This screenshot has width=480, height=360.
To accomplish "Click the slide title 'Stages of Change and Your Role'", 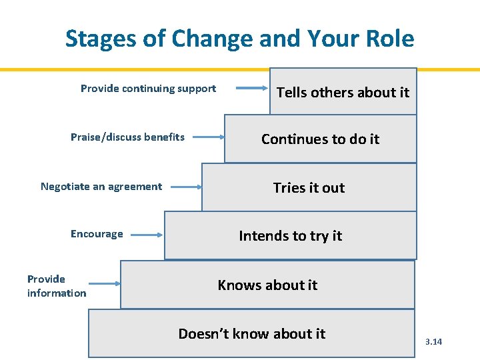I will (239, 39).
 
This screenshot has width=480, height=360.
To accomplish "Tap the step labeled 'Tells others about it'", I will (343, 93).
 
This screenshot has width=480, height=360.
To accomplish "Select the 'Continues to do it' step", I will (320, 139).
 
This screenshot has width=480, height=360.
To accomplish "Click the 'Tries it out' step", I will (309, 188).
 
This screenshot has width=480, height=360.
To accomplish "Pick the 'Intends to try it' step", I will (290, 236).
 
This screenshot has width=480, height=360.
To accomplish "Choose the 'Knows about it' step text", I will (267, 285).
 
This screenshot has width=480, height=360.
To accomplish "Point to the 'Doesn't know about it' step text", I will (251, 334).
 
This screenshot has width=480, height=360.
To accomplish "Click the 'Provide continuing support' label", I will (148, 89).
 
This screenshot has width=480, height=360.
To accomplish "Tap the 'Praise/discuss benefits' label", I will (127, 137).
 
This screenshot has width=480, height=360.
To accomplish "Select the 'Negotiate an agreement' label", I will (101, 187).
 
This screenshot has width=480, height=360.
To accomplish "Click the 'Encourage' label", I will (97, 234).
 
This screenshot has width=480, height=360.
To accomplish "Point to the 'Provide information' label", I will (56, 286).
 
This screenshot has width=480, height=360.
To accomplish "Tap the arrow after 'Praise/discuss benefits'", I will (207, 137).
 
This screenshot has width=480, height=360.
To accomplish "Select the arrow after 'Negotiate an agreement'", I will (185, 187).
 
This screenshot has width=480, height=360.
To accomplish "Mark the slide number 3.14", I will (433, 342).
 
